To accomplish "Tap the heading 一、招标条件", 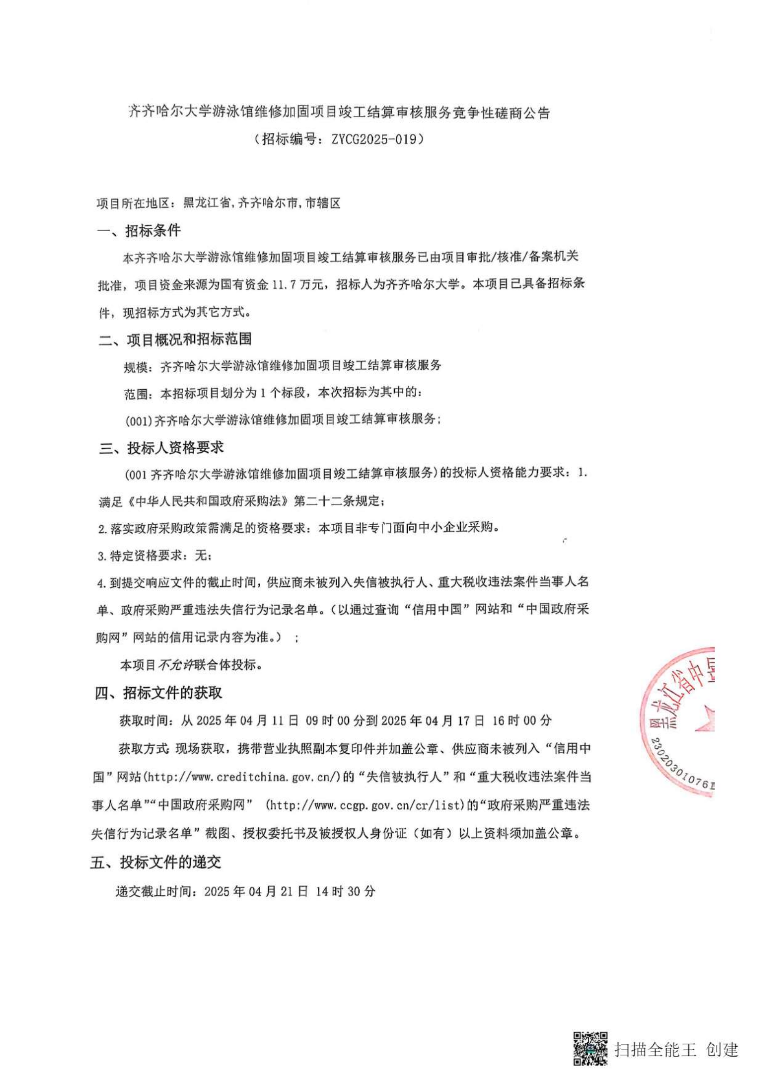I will click(x=138, y=231).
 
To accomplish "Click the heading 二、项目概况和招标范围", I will click(x=175, y=339).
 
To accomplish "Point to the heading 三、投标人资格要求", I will click(x=161, y=447).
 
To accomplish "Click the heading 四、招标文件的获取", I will click(x=158, y=693).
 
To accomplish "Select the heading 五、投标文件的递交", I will click(x=155, y=862).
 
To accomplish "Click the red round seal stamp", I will click(x=681, y=721).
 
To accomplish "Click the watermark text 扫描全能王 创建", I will click(x=677, y=1049).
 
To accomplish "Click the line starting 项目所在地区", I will click(x=218, y=203).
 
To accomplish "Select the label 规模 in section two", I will click(x=136, y=366).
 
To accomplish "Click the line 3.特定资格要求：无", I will click(x=155, y=556).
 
